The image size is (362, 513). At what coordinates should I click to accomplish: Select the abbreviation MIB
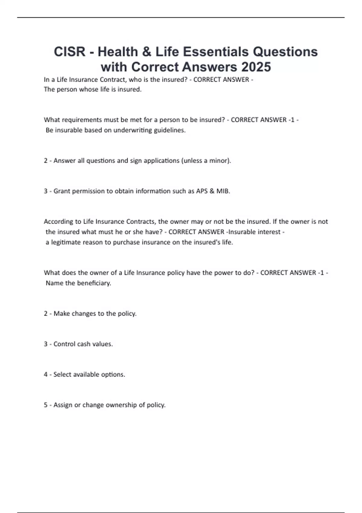[223, 191]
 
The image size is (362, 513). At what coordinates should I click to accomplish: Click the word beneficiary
[94, 283]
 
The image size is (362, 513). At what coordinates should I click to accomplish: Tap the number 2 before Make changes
[46, 314]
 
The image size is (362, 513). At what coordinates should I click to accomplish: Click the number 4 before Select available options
[46, 375]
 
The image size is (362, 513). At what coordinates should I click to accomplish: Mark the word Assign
[63, 405]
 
